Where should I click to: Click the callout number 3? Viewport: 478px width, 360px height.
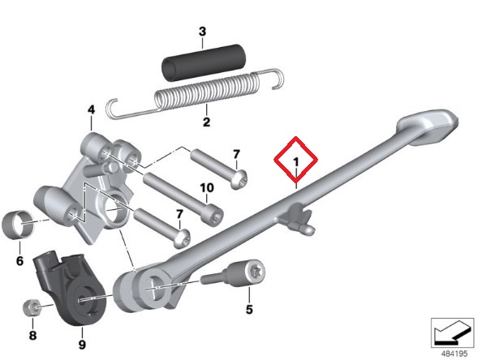(202, 32)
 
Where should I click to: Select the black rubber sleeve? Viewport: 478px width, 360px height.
(204, 62)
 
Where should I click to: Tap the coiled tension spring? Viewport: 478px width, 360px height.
(195, 93)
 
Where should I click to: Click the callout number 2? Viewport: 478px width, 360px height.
(206, 122)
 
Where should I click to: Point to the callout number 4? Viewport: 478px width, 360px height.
(91, 110)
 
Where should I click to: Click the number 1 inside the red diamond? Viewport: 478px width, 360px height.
(295, 162)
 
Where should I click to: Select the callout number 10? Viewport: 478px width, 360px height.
(207, 188)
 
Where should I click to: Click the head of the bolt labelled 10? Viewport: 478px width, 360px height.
(213, 215)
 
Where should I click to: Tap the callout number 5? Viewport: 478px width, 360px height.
(249, 310)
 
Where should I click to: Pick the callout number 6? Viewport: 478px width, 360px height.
(19, 261)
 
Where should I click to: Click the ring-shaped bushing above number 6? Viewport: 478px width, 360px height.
(18, 224)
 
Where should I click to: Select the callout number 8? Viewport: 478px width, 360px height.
(32, 336)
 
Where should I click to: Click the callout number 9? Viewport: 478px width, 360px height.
(82, 345)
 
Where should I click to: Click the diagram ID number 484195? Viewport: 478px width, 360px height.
(454, 354)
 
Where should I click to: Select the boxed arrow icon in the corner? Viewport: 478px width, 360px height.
(453, 332)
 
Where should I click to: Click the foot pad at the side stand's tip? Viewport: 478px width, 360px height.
(428, 126)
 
